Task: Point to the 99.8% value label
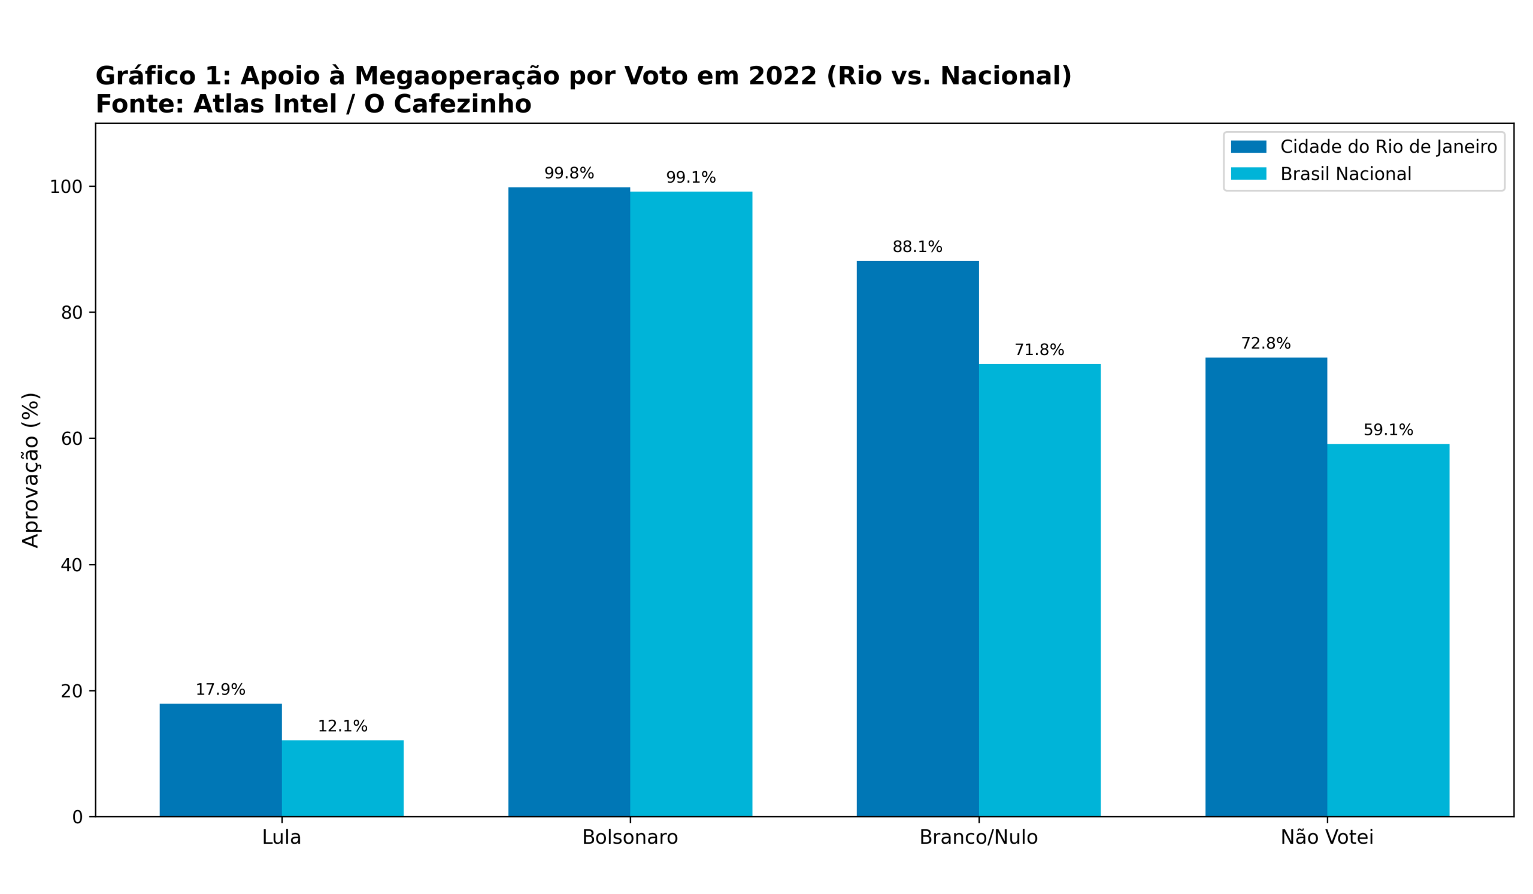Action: click(x=569, y=173)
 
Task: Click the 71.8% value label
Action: click(x=1039, y=350)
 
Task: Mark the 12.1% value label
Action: click(x=343, y=726)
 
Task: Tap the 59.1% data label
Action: click(x=1388, y=430)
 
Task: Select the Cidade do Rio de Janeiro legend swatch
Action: click(x=1249, y=147)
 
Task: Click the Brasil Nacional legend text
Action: click(x=1346, y=174)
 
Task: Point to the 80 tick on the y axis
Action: click(x=71, y=313)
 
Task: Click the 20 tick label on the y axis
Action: click(x=71, y=692)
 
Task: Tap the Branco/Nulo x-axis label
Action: click(x=978, y=838)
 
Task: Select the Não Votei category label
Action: click(x=1327, y=838)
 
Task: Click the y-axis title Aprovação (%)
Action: click(x=31, y=470)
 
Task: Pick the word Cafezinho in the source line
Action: click(x=462, y=105)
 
